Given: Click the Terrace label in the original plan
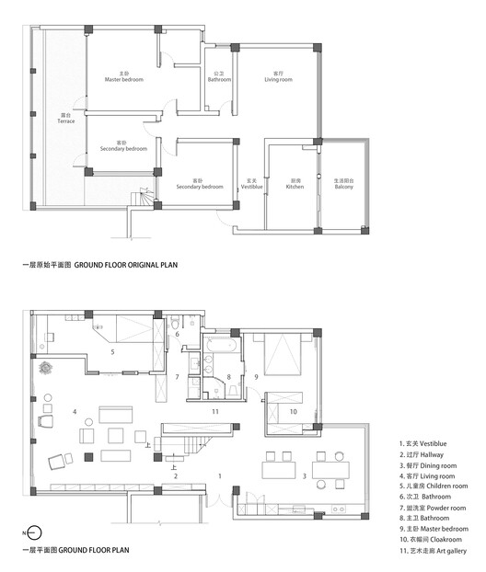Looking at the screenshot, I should (x=67, y=119).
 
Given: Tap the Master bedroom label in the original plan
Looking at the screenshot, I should (x=126, y=78).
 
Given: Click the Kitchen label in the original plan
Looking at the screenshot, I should (x=295, y=184).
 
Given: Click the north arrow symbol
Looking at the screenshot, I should (x=34, y=532).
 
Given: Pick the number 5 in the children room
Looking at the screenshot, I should (x=111, y=351).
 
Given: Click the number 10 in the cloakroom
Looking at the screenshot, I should (x=293, y=412).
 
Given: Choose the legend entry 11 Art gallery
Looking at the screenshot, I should (x=432, y=551).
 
